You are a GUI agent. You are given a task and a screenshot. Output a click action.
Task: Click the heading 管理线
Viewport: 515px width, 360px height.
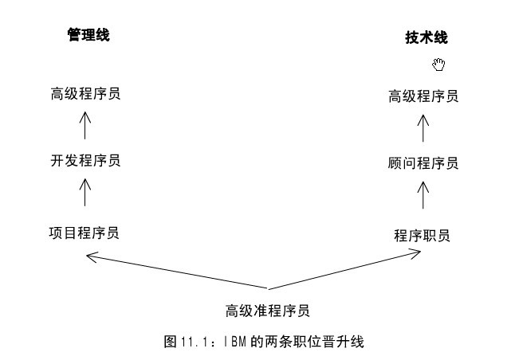click(88, 35)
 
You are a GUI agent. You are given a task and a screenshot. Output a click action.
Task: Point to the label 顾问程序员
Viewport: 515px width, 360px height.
click(423, 163)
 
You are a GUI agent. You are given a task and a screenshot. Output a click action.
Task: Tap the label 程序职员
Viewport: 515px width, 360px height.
click(423, 235)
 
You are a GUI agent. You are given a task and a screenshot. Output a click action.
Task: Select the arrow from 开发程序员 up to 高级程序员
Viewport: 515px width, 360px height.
click(85, 126)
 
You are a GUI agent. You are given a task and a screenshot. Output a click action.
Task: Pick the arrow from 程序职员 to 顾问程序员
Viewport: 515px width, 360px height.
click(424, 196)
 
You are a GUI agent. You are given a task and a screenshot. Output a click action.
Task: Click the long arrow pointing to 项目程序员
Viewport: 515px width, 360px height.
click(175, 271)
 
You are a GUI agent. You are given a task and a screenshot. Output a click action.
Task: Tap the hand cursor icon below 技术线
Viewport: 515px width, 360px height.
click(438, 64)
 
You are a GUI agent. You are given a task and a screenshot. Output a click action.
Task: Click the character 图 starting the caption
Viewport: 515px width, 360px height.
click(169, 341)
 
